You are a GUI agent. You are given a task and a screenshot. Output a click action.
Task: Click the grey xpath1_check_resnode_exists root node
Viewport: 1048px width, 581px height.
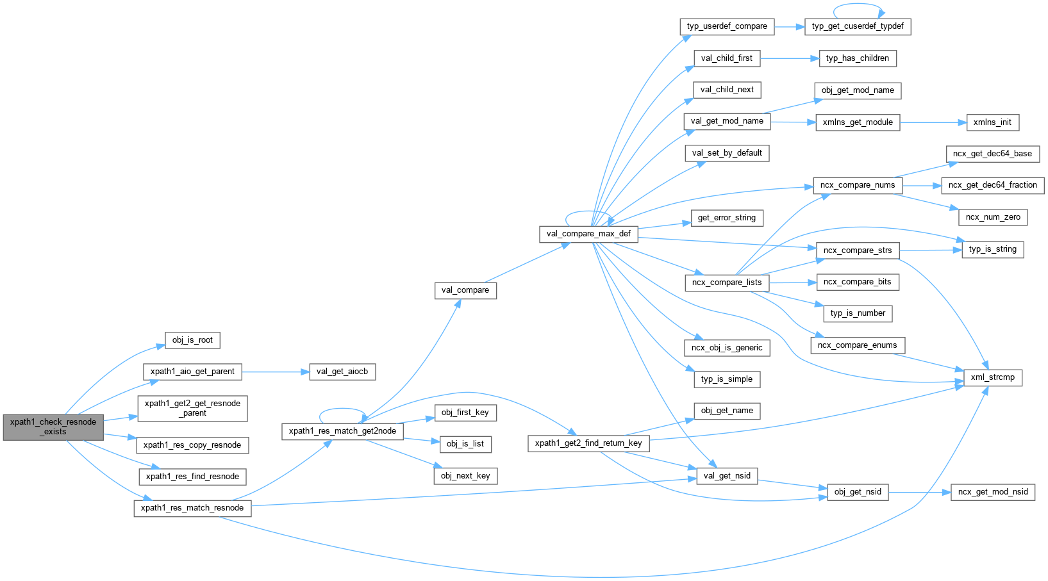click(x=53, y=427)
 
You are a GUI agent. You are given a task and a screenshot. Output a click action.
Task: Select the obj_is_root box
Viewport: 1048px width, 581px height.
click(x=192, y=340)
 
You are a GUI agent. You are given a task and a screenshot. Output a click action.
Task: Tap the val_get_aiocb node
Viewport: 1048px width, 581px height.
click(x=342, y=372)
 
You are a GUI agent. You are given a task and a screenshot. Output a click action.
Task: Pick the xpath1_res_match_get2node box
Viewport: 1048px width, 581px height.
click(x=342, y=431)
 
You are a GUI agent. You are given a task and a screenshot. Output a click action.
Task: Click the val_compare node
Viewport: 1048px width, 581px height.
click(x=465, y=290)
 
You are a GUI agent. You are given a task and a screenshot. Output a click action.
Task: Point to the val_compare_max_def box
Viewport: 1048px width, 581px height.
click(x=588, y=234)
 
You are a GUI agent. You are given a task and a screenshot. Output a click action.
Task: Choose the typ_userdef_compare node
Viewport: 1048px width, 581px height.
click(x=727, y=26)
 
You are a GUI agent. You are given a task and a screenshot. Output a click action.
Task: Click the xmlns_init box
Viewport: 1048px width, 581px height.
click(x=992, y=122)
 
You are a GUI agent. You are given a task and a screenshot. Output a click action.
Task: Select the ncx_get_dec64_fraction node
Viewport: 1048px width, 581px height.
click(x=992, y=185)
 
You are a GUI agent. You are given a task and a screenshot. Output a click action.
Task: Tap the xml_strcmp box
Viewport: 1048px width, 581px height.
click(x=992, y=377)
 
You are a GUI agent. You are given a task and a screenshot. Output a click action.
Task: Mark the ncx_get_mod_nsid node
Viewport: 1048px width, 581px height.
click(x=993, y=492)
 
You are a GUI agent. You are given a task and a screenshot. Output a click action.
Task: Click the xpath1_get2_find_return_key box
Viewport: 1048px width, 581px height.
click(x=588, y=443)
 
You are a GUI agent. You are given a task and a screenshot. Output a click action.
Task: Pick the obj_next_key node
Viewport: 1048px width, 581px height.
click(x=465, y=476)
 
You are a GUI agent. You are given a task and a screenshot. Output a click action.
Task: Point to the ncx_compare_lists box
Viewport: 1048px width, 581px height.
click(x=727, y=282)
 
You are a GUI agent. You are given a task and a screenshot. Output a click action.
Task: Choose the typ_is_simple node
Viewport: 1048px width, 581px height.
click(x=727, y=379)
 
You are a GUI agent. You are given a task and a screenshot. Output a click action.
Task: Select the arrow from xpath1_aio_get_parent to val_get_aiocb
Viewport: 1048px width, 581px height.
click(x=276, y=372)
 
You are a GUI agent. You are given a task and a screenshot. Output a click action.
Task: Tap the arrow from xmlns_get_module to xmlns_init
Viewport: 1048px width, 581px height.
click(x=933, y=122)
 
